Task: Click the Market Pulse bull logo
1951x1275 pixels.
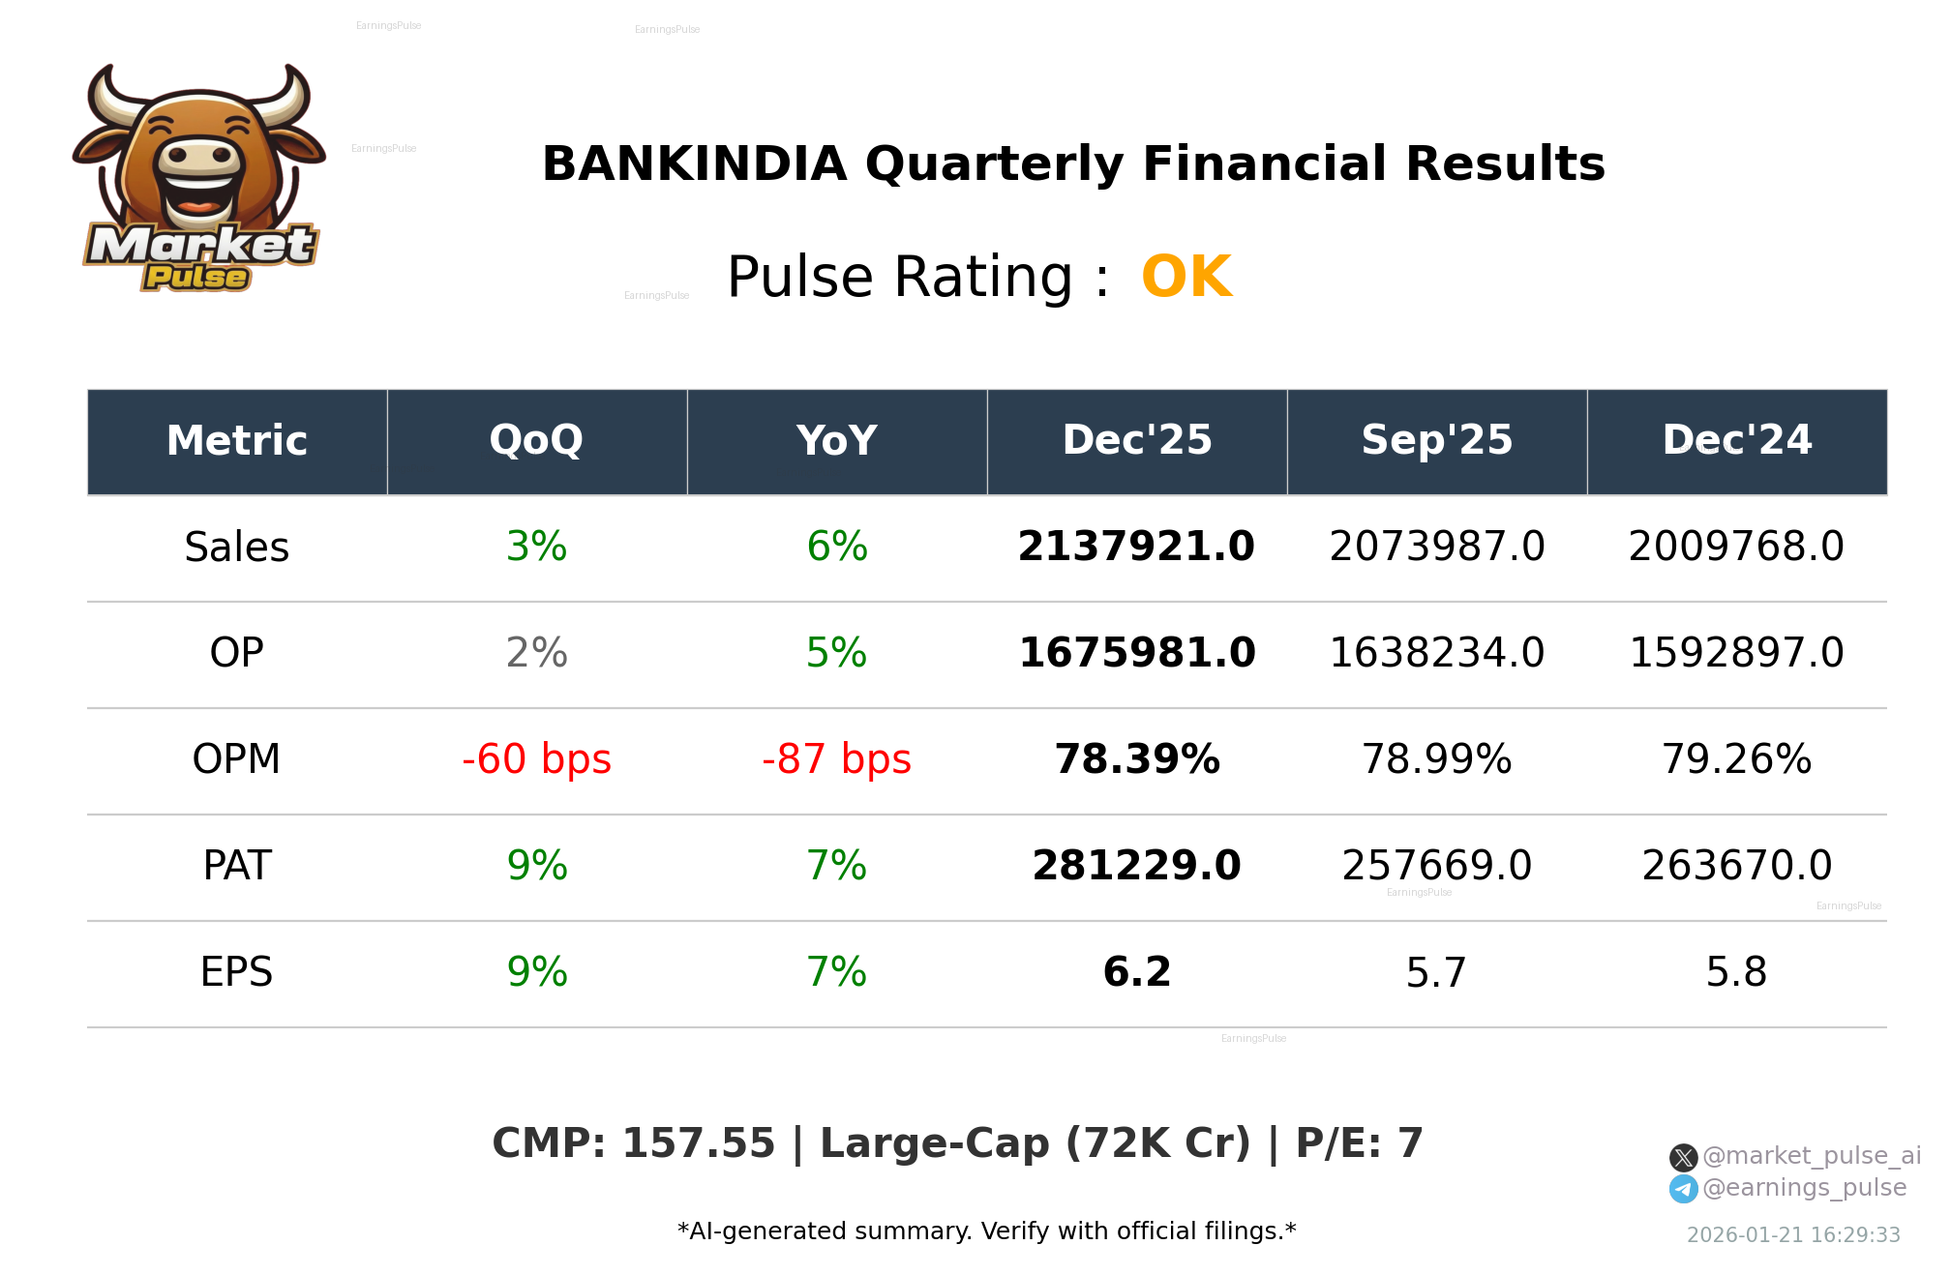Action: [199, 179]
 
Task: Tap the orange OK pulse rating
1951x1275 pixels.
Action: [1186, 278]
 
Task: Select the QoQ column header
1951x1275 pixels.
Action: [537, 441]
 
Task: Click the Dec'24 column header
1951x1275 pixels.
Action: [1736, 441]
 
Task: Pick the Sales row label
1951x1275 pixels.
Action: [237, 548]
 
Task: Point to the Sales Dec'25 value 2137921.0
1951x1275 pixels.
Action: [1136, 548]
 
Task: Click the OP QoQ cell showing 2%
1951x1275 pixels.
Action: [537, 654]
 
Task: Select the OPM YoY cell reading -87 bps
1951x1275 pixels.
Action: [836, 760]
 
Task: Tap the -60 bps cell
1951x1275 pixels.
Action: [537, 760]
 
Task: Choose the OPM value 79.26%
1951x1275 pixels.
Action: [1736, 760]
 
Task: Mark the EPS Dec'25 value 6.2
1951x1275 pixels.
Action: [1136, 973]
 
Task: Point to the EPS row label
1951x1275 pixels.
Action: [237, 973]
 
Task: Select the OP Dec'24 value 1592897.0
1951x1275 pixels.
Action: [1736, 654]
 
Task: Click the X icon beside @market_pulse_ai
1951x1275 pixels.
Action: [1683, 1157]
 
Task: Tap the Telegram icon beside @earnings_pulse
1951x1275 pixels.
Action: [1683, 1189]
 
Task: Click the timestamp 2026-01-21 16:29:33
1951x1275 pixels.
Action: [1793, 1235]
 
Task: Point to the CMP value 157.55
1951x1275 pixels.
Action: [698, 1144]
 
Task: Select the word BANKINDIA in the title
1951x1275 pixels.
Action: [694, 164]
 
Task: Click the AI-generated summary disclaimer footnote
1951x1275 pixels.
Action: [986, 1231]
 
